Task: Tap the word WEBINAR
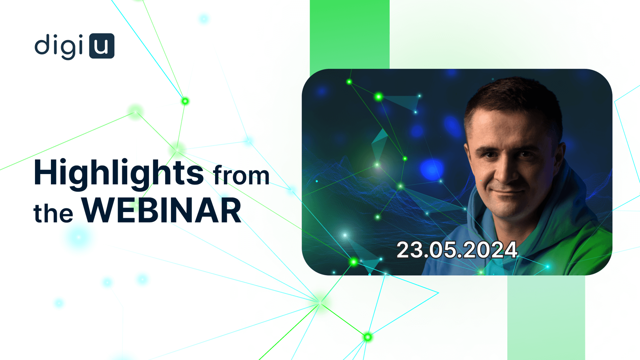162,210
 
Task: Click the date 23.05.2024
457,250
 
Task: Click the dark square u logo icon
102,46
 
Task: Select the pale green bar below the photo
546,318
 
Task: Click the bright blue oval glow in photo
432,169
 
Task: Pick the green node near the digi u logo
185,101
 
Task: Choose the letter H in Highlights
46,172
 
